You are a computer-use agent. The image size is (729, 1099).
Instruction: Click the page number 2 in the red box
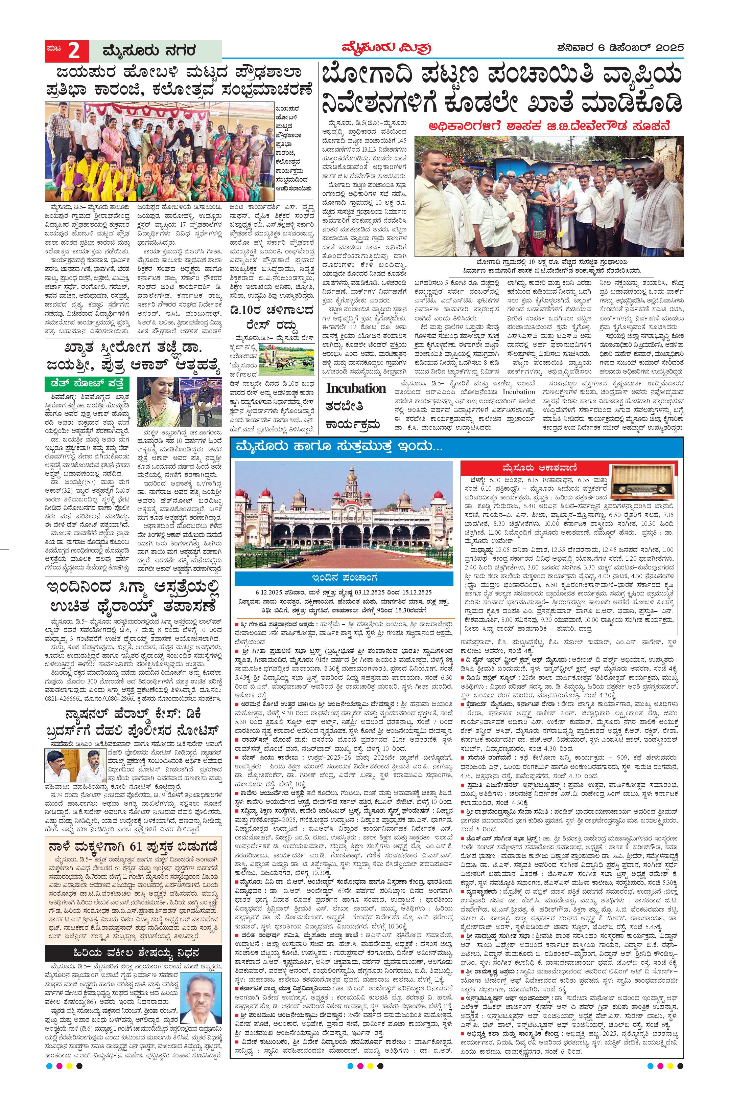pos(73,51)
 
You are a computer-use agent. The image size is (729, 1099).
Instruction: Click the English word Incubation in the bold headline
pos(356,388)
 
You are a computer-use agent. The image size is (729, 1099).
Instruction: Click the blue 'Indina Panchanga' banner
pos(344,578)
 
